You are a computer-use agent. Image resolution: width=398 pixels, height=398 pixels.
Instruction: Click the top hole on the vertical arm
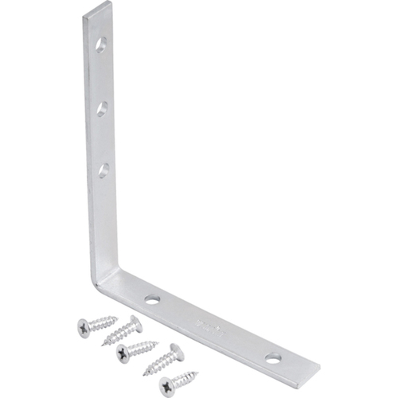101,45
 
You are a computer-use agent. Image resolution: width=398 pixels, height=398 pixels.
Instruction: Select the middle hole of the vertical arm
102,107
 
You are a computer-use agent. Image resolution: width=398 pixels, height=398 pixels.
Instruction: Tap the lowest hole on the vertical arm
103,169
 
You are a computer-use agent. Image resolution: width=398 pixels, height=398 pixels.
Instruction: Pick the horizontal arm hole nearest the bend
152,299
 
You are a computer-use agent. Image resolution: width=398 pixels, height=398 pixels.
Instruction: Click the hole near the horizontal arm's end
273,358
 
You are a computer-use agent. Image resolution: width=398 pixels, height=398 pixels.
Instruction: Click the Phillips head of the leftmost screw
84,327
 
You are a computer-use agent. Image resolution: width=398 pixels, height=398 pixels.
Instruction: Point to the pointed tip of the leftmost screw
116,319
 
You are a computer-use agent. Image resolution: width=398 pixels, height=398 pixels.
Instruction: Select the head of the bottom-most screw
166,386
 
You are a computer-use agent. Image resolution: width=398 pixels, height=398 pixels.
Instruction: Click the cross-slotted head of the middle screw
123,353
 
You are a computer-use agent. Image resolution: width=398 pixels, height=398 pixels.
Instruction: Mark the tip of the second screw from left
104,342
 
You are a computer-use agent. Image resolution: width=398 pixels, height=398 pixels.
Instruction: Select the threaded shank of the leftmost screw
102,322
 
